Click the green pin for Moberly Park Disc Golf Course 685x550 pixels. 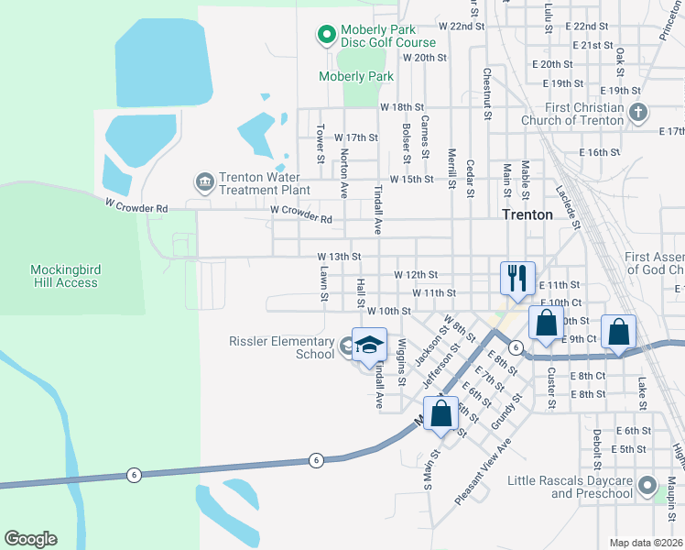pos(325,36)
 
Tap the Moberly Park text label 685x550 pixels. pos(356,77)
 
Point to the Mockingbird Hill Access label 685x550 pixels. pos(64,276)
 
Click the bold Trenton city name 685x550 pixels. pos(527,214)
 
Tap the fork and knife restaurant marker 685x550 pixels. pos(517,276)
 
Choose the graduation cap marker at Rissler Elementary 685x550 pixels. pos(370,345)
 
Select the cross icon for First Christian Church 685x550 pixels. pos(639,113)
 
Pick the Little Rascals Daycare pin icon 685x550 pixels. pos(648,486)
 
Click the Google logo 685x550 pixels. pos(30,539)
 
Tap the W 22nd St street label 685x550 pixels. pos(461,27)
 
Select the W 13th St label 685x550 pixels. pos(339,258)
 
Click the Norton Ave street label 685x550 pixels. pos(344,174)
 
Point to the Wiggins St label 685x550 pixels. pos(401,360)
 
